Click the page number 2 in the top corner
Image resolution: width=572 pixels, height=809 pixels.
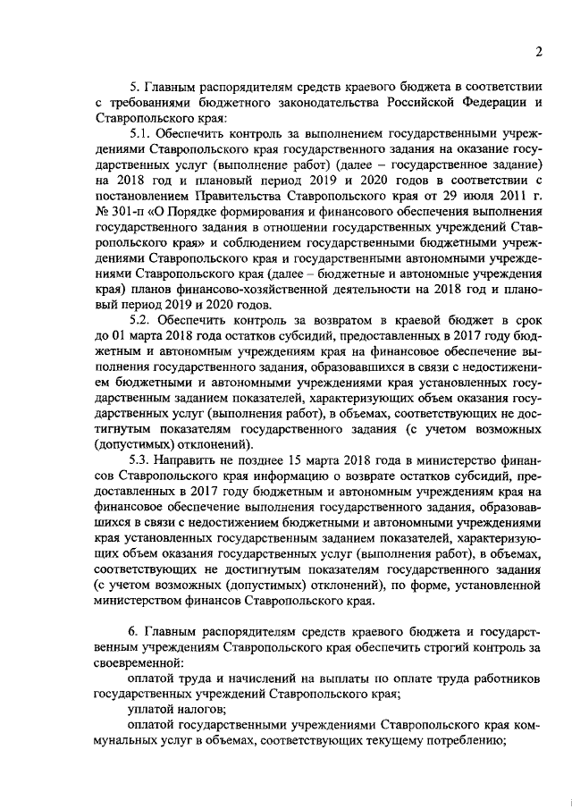click(540, 51)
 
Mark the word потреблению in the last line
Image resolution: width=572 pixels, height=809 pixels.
click(464, 742)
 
